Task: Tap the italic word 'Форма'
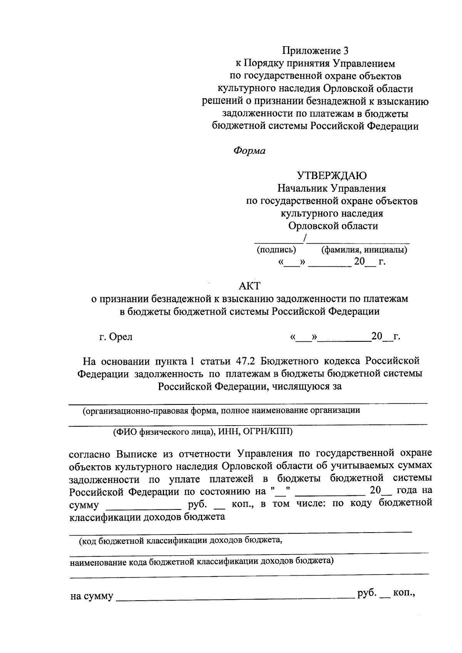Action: point(249,151)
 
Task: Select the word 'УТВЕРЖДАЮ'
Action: point(331,176)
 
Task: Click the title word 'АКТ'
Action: point(249,286)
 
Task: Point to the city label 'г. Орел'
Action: point(116,337)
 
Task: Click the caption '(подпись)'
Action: point(276,250)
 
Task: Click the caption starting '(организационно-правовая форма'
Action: point(221,410)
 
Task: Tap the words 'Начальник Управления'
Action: point(331,189)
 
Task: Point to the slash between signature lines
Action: point(305,239)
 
